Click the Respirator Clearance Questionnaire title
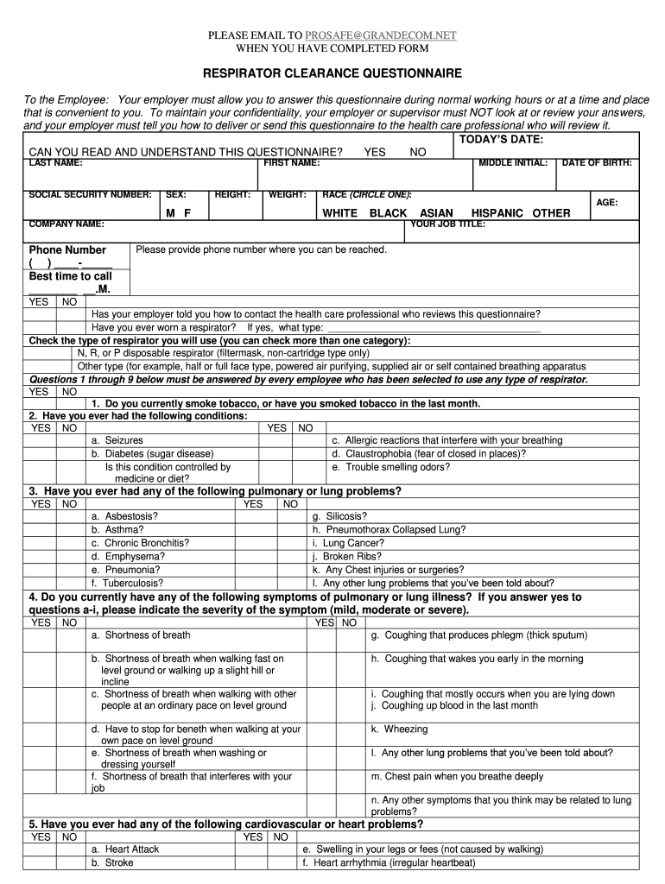pyautogui.click(x=332, y=73)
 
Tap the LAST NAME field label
pyautogui.click(x=56, y=162)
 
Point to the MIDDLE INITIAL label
pyautogui.click(x=513, y=162)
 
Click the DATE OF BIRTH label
pyautogui.click(x=597, y=162)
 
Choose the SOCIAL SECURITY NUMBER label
pyautogui.click(x=91, y=195)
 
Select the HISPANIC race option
pyautogui.click(x=497, y=213)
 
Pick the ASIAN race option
pyautogui.click(x=436, y=213)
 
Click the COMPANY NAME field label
pyautogui.click(x=66, y=224)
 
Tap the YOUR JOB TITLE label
pyautogui.click(x=447, y=224)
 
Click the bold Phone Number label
pyautogui.click(x=67, y=250)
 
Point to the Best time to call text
pyautogui.click(x=71, y=276)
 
